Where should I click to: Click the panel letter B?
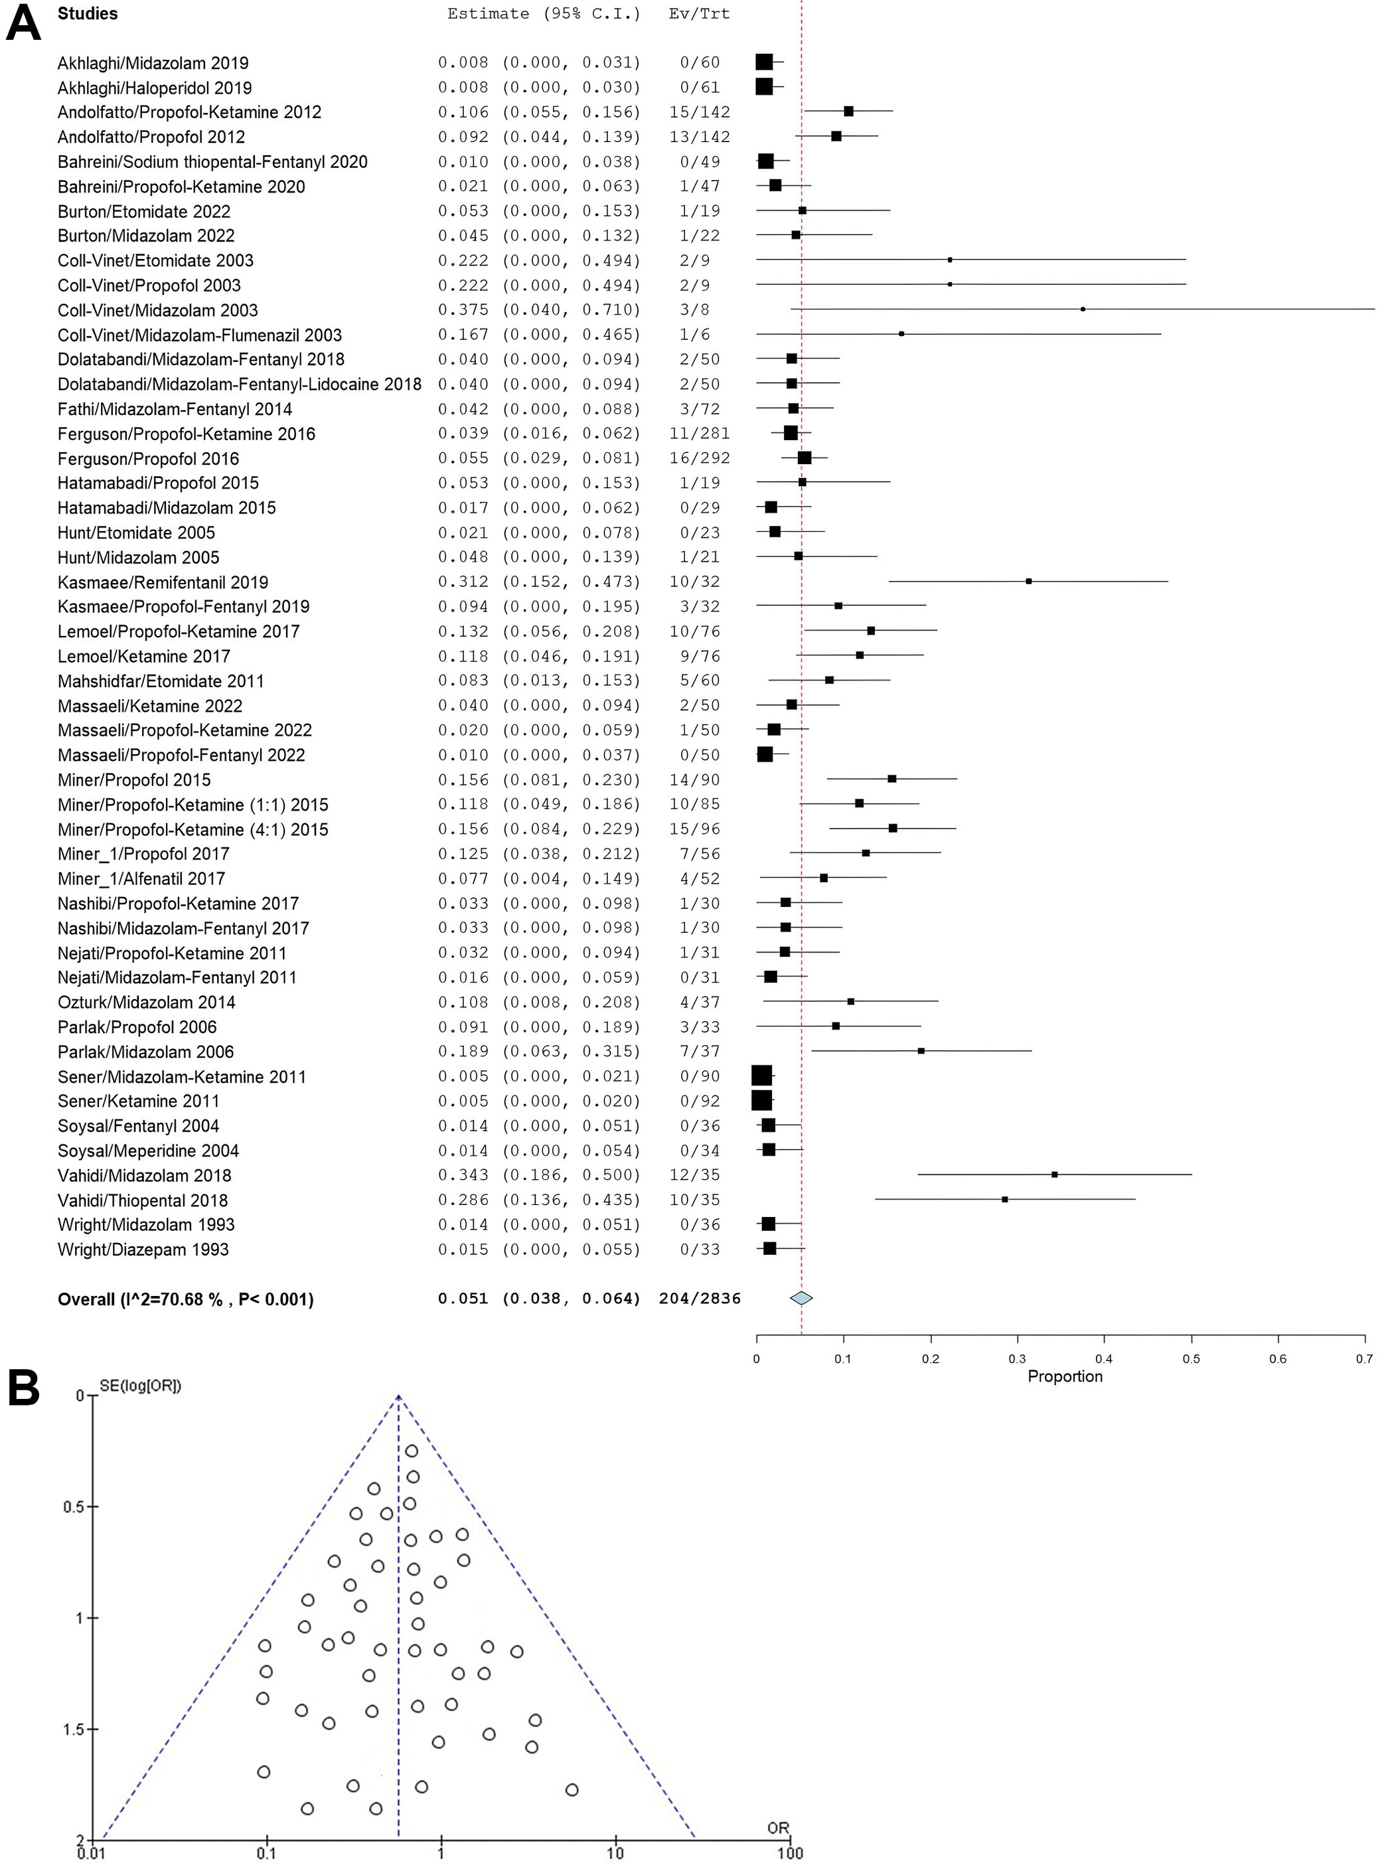coord(23,1390)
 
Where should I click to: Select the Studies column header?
coord(87,14)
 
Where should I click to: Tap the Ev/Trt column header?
coord(699,14)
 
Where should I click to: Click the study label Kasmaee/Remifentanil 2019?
coord(163,582)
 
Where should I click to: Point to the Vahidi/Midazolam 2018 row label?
coord(145,1176)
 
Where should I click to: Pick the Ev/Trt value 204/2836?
coord(699,1299)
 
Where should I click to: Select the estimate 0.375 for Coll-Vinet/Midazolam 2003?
coord(463,310)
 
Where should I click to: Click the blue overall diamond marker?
coord(801,1299)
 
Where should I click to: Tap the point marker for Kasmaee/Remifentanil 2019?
coord(1028,582)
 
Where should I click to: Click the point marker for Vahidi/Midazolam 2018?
coord(1054,1175)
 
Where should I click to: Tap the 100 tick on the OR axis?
coord(789,1852)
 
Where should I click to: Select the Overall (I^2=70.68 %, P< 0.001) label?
coord(185,1299)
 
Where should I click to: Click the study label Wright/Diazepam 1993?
coord(143,1250)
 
